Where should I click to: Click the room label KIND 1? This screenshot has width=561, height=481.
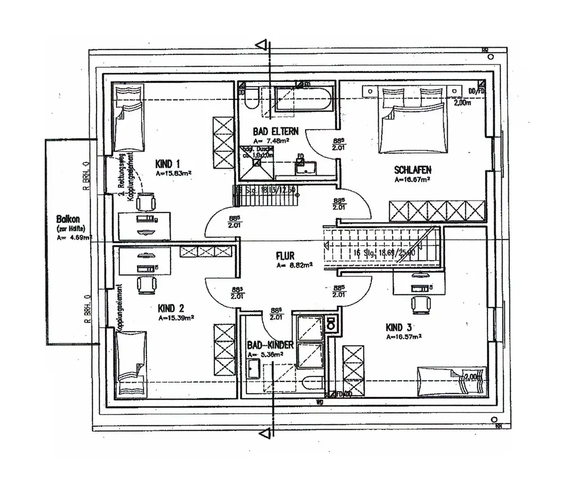(x=167, y=164)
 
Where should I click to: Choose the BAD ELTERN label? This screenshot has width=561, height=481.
(x=276, y=131)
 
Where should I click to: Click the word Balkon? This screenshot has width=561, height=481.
(x=67, y=220)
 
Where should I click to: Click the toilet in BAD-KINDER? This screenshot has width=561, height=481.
(x=331, y=324)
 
